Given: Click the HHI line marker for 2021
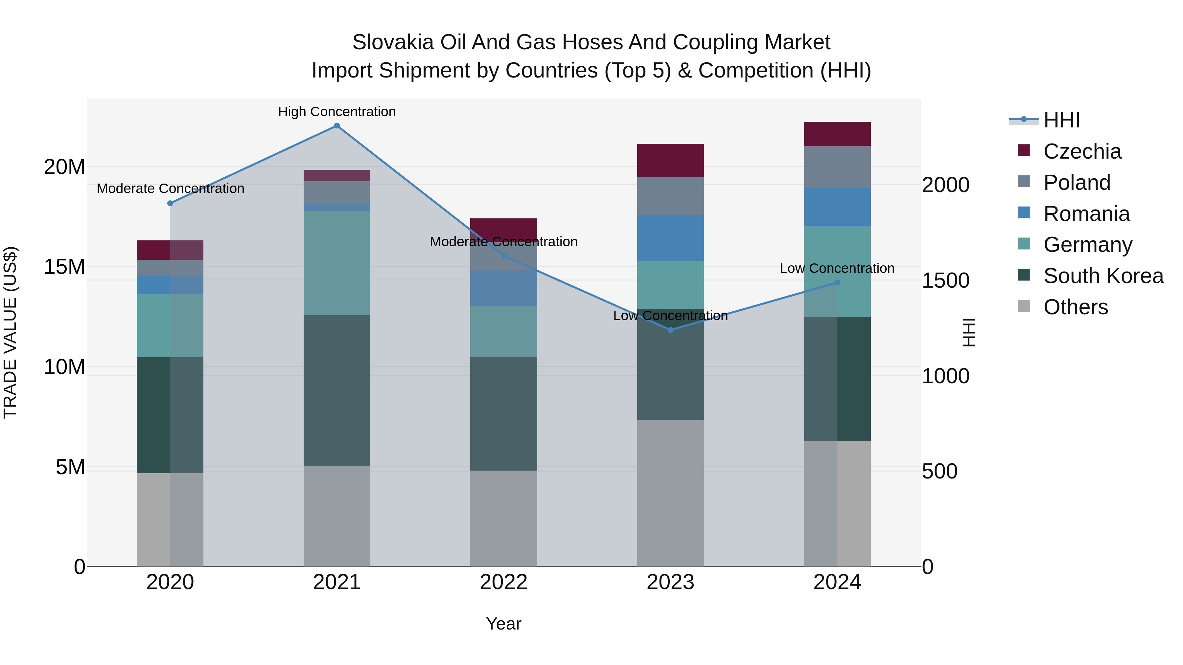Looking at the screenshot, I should pos(336,126).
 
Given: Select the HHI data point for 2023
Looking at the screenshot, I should pos(670,330).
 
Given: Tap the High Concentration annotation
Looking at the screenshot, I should pos(336,112).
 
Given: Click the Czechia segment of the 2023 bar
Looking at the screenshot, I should pos(670,160).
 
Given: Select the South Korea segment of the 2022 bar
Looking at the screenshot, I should pos(503,413).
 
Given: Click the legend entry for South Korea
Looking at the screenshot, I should pos(1103,276).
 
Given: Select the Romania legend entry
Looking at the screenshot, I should pos(1086,214).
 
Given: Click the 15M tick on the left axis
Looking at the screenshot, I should pos(64,267).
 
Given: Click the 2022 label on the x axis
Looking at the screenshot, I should pos(503,582).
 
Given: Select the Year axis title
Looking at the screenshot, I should pos(503,624).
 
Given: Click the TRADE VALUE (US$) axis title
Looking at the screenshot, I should pos(10,332).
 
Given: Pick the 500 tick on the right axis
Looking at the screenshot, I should pos(939,471).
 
